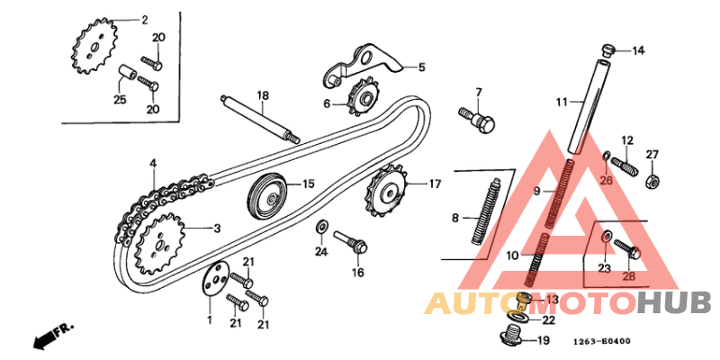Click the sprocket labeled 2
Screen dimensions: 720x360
coord(94,46)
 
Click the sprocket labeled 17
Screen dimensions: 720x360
coord(388,193)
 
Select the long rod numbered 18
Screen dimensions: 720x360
coord(259,119)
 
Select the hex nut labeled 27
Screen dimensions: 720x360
coord(652,181)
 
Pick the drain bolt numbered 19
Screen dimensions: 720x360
coord(510,336)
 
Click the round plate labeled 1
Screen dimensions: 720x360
coord(213,279)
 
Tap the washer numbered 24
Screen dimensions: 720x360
coord(322,226)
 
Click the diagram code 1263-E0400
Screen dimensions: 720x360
coord(602,341)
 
